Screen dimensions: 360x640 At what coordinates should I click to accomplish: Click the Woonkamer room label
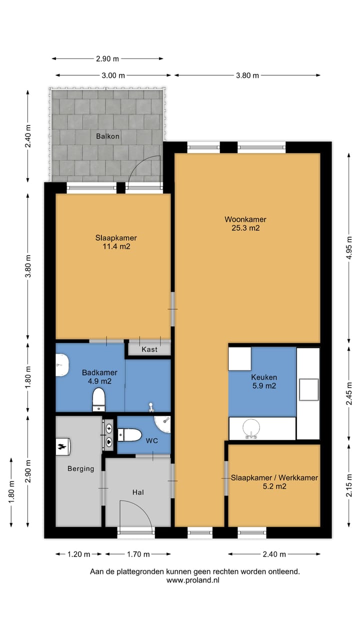tap(245, 219)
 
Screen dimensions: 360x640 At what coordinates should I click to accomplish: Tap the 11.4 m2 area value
tap(116, 246)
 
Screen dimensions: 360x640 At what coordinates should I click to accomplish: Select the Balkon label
tap(107, 136)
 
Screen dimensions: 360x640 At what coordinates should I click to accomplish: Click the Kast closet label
tap(149, 349)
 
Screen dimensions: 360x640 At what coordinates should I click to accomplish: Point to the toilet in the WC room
tap(129, 435)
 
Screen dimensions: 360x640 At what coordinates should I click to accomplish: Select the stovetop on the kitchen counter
tap(308, 389)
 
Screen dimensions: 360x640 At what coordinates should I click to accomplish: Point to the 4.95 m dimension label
tap(349, 247)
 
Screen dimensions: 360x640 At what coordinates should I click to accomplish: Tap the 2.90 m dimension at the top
tap(107, 59)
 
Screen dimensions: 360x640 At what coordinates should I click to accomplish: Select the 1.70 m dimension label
tap(138, 554)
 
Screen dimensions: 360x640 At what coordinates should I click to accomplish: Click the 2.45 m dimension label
tap(349, 393)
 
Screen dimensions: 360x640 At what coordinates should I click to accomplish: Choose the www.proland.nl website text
tap(193, 580)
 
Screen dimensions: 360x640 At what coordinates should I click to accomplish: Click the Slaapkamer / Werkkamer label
tap(274, 477)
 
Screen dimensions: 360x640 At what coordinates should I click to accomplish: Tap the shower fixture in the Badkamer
tap(151, 407)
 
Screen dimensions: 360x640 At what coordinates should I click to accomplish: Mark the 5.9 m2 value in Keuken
tap(264, 386)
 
